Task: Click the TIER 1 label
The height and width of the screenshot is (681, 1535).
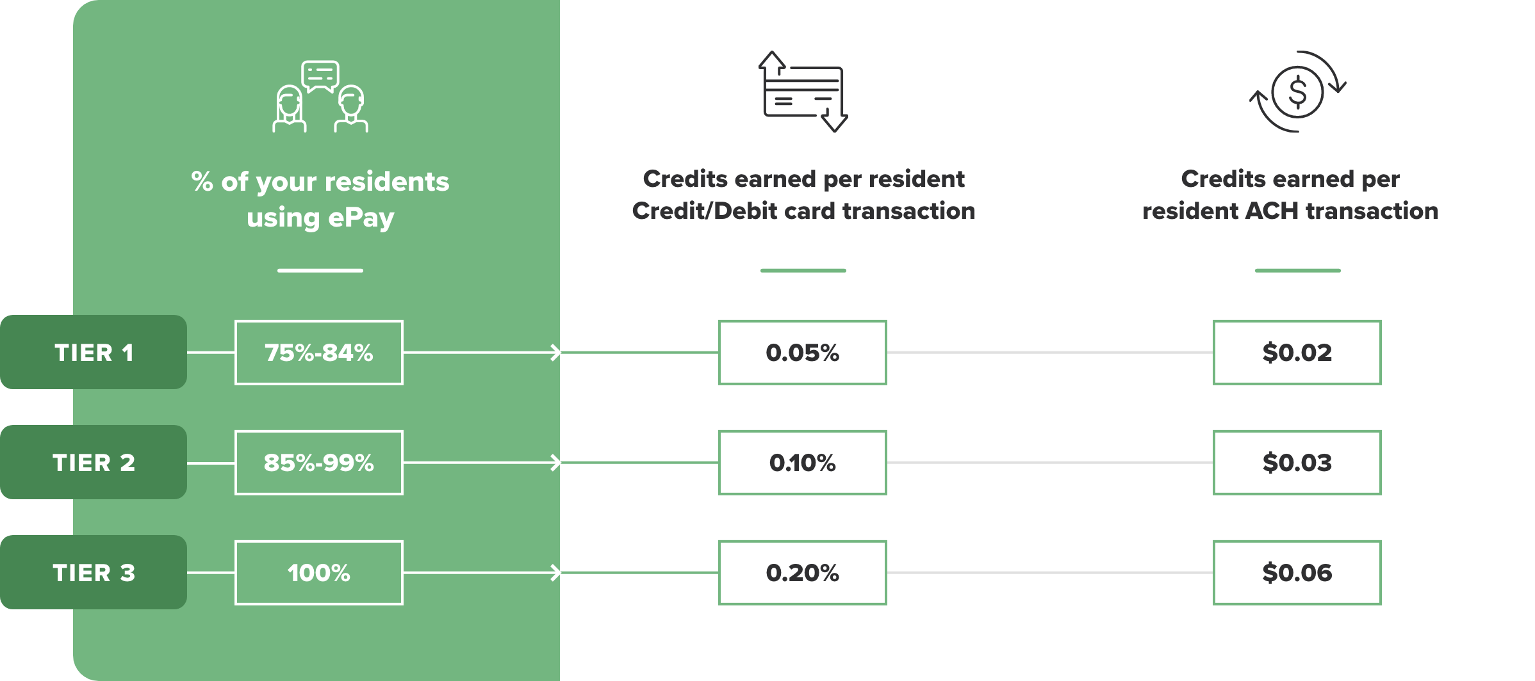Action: (x=94, y=353)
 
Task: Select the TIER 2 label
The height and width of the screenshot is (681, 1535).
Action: (x=94, y=463)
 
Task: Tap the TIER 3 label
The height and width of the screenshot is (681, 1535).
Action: (x=94, y=573)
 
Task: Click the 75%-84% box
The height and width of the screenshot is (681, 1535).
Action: (x=319, y=353)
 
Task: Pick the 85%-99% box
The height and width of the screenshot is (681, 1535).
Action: (x=319, y=463)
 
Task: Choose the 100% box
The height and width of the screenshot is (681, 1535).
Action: (x=319, y=573)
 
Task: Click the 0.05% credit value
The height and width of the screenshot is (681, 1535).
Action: (x=802, y=353)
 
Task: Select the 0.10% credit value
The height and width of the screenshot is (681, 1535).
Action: (x=802, y=463)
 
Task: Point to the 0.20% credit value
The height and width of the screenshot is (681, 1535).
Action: (x=802, y=573)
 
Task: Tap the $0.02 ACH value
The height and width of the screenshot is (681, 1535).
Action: (x=1297, y=353)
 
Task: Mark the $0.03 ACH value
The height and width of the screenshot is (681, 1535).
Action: (x=1297, y=463)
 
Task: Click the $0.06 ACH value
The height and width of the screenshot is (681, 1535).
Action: (x=1297, y=573)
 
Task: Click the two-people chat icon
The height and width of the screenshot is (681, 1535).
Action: (x=320, y=97)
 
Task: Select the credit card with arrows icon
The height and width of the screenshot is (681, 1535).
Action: (x=803, y=92)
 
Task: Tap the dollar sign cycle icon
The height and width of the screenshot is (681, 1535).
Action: (x=1297, y=92)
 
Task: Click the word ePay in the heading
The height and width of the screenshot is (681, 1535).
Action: (x=361, y=218)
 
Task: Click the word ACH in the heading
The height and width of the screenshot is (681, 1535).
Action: (x=1272, y=211)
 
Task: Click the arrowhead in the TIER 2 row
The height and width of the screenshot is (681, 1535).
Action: (x=556, y=463)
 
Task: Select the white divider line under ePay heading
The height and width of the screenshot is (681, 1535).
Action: (x=320, y=271)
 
